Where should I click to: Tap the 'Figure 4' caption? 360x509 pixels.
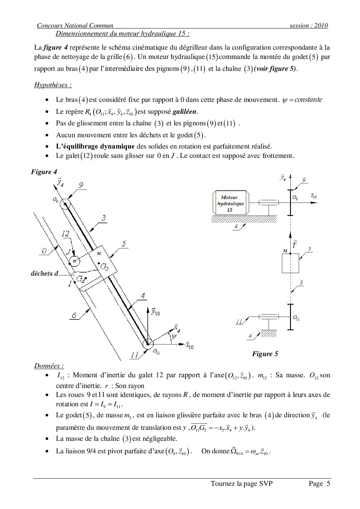click(44, 172)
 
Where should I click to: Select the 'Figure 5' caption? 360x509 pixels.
click(265, 354)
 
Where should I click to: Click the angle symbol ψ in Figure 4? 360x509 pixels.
click(174, 336)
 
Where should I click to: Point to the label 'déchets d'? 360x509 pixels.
click(44, 273)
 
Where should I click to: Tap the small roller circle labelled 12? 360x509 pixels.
click(75, 261)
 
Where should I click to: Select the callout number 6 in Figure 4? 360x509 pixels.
click(74, 315)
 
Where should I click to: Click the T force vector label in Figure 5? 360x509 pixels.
click(294, 245)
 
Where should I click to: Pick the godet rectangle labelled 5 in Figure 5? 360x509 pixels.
click(290, 263)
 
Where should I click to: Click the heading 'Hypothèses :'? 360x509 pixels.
click(53, 85)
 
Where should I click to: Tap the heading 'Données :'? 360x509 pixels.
click(49, 366)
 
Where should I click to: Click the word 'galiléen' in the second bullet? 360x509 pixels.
click(185, 112)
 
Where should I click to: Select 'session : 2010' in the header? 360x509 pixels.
click(309, 26)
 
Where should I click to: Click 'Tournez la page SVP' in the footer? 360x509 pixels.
click(242, 483)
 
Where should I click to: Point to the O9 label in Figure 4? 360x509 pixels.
click(55, 200)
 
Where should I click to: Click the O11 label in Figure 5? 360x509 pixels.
click(296, 318)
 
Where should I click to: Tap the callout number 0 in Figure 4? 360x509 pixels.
click(44, 251)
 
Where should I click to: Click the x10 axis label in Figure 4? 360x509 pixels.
click(190, 346)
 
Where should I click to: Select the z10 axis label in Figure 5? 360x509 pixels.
click(314, 196)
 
